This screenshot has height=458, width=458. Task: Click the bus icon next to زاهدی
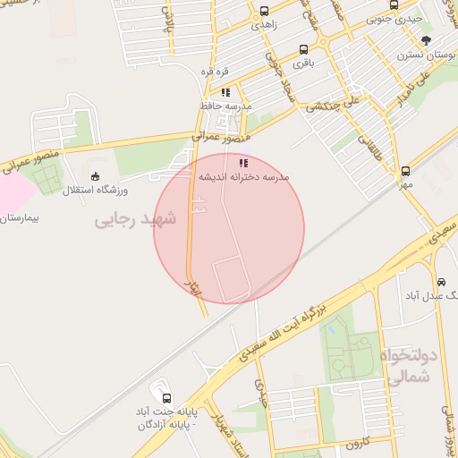(263, 12)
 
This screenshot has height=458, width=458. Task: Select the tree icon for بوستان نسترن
(426, 40)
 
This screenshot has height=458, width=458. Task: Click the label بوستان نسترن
(425, 55)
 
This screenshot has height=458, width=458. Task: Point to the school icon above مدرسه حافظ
(225, 91)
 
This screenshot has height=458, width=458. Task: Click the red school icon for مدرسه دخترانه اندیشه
(242, 163)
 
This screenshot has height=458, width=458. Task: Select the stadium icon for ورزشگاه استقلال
(96, 176)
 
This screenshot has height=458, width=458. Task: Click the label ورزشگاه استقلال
(96, 191)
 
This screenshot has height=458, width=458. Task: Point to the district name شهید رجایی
(136, 218)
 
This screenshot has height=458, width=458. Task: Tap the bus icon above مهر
(406, 170)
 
